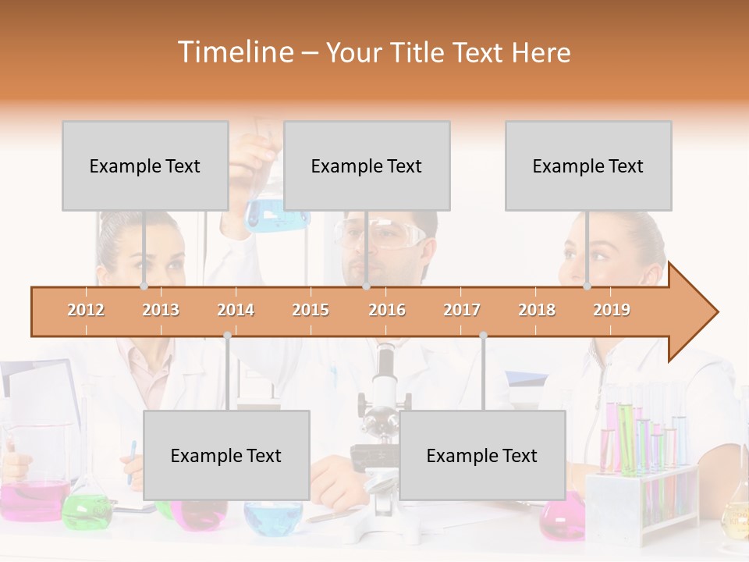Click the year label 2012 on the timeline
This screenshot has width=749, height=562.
coord(86,310)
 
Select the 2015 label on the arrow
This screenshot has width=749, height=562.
coord(311,310)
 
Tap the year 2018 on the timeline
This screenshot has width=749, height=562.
coord(537,310)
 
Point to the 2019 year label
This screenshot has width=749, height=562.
coord(612,310)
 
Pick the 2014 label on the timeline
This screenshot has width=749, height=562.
coord(236,310)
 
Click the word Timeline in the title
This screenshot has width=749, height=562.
coord(234,52)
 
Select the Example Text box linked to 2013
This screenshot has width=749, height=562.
coord(145,165)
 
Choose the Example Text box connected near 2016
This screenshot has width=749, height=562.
coord(367,165)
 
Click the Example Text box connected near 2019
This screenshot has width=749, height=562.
coord(588,165)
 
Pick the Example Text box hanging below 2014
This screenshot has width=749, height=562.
coord(226,455)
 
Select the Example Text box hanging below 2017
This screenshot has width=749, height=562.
coord(482,455)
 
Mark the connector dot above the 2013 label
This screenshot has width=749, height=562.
coord(144,286)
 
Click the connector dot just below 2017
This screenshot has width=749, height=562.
coord(483,335)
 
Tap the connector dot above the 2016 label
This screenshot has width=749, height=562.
coord(366,286)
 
